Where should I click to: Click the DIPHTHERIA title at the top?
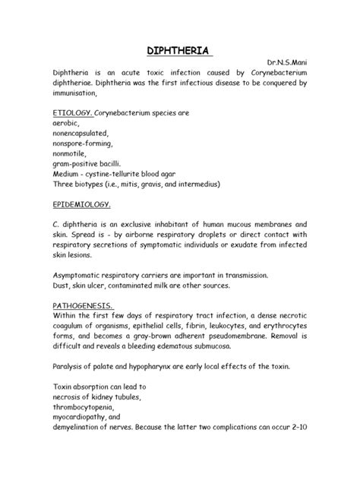[x=179, y=52]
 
